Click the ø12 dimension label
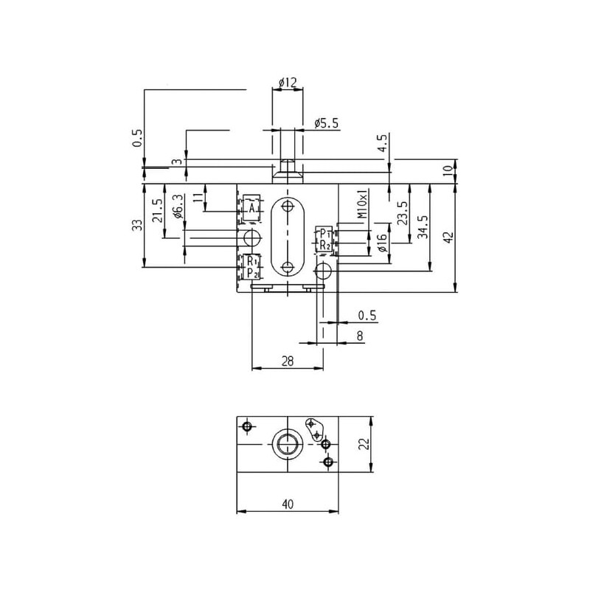288,83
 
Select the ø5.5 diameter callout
326,123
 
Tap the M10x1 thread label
362,204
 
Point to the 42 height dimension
449,237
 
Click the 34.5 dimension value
423,226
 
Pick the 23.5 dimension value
403,213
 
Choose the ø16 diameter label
381,243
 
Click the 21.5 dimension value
158,211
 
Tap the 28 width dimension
288,361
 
